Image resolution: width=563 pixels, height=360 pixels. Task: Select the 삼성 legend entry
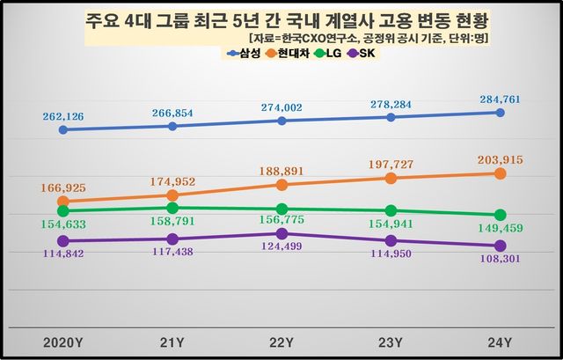pyautogui.click(x=248, y=54)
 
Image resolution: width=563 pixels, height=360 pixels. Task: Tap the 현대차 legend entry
pyautogui.click(x=289, y=54)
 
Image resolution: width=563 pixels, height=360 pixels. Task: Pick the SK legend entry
pyautogui.click(x=361, y=54)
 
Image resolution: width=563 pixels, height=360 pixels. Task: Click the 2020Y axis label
pyautogui.click(x=62, y=341)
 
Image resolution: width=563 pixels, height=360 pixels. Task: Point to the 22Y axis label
pyautogui.click(x=281, y=341)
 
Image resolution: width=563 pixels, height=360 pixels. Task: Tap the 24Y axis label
pyautogui.click(x=500, y=341)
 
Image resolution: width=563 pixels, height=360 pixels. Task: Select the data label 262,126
pyautogui.click(x=63, y=114)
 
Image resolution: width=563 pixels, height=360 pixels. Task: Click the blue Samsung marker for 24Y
pyautogui.click(x=500, y=113)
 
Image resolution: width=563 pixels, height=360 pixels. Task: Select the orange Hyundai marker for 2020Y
pyautogui.click(x=62, y=202)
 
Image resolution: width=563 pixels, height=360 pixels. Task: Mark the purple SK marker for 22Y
pyautogui.click(x=281, y=233)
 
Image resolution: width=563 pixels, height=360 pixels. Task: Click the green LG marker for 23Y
pyautogui.click(x=391, y=210)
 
